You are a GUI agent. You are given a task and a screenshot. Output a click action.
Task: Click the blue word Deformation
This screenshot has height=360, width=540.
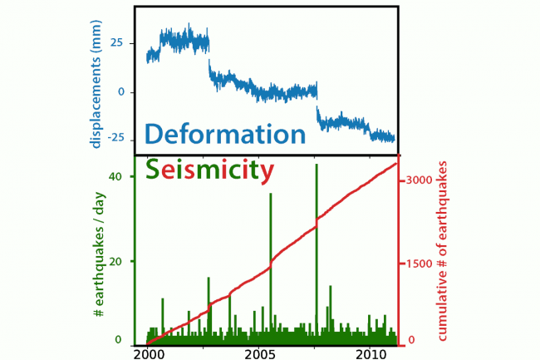pyautogui.click(x=225, y=134)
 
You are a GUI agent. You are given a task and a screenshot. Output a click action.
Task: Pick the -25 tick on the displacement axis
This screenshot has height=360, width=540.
pyautogui.click(x=114, y=137)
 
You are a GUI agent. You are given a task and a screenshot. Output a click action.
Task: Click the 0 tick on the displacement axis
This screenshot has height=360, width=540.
pyautogui.click(x=121, y=91)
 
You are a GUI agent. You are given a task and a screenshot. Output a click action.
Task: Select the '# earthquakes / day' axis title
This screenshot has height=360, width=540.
pyautogui.click(x=98, y=257)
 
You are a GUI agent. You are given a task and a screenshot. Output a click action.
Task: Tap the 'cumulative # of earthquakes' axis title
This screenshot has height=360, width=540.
pyautogui.click(x=444, y=250)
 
